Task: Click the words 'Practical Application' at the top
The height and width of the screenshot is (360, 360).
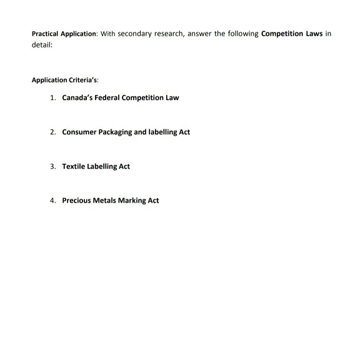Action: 61,33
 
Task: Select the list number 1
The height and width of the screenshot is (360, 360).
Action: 54,98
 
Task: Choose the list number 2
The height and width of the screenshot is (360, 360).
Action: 54,132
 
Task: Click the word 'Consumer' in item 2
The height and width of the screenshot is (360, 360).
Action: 80,132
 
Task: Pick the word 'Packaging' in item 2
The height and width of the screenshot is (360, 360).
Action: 119,132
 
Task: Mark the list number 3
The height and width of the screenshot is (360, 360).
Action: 54,166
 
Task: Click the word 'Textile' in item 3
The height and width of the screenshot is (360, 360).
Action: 74,166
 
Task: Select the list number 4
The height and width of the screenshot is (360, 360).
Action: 54,201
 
